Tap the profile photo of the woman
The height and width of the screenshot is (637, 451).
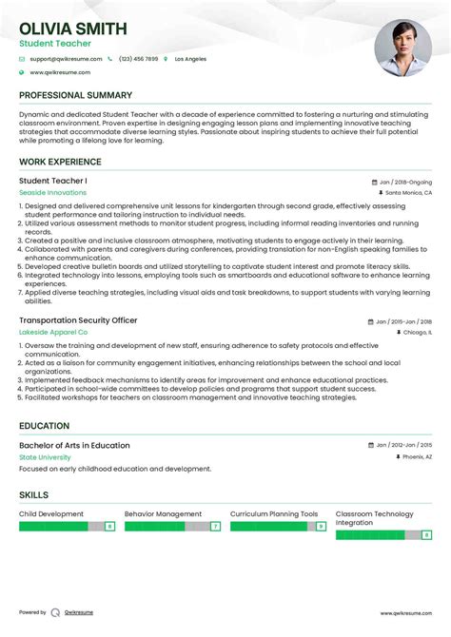tap(402, 48)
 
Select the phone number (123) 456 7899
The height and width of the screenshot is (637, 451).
tap(139, 59)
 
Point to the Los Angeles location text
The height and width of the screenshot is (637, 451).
tap(190, 59)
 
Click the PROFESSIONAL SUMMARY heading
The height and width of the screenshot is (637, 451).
tap(75, 95)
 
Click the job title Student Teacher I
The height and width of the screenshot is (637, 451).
tap(53, 181)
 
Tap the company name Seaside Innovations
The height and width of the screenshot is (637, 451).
tap(52, 192)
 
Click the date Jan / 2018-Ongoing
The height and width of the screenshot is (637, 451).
tap(406, 181)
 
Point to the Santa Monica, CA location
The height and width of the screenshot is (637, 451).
tap(408, 192)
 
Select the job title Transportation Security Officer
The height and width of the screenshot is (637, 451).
tap(79, 321)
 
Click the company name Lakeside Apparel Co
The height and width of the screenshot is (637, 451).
tap(53, 333)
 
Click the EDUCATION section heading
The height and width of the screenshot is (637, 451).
tap(44, 426)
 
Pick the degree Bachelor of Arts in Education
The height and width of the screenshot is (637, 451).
tap(74, 445)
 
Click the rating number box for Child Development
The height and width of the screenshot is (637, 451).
tap(109, 526)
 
